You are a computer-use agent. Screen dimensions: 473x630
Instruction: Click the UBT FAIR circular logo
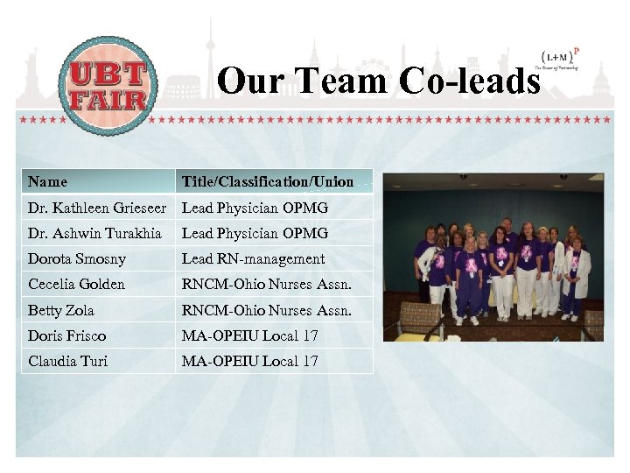point(107,85)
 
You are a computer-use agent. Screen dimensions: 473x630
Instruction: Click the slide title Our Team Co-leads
point(378,81)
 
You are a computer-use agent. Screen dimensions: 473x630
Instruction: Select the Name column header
point(47,182)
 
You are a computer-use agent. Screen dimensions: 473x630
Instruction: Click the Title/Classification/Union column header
point(268,182)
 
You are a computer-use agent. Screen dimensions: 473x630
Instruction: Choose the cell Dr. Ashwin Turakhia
point(94,233)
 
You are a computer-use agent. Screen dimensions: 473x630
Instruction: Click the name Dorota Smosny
point(77,258)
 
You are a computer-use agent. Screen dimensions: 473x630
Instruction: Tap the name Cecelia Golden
point(77,284)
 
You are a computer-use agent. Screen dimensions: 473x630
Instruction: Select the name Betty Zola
point(61,310)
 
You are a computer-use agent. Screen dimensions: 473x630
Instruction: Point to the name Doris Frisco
point(67,335)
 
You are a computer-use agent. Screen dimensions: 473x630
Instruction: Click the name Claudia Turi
point(68,361)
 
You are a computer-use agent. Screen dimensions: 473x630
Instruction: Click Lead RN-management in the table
point(253,258)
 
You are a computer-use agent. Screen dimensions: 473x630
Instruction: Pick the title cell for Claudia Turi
point(249,361)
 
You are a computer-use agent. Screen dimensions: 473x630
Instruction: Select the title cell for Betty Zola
point(266,310)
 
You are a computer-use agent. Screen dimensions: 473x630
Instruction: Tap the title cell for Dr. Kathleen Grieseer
point(255,208)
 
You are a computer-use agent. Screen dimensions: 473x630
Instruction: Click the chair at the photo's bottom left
point(420,319)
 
